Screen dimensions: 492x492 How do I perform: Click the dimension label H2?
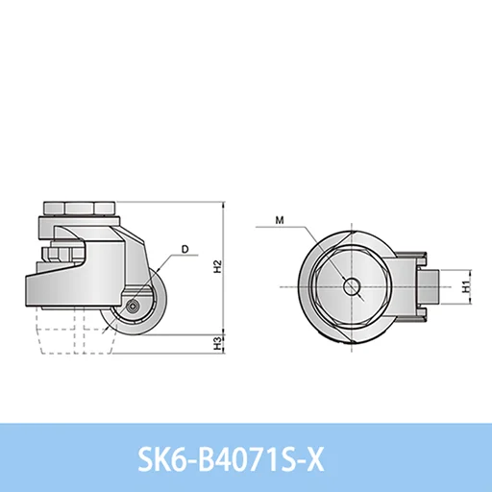(218, 266)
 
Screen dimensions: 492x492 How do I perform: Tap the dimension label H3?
(218, 343)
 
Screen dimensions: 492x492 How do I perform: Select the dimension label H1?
(466, 286)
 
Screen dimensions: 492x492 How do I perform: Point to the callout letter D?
(185, 249)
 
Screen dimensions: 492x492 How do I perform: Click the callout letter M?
(280, 220)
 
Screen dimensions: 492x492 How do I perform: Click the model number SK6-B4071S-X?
(231, 460)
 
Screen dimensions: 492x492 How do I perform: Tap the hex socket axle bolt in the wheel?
(132, 307)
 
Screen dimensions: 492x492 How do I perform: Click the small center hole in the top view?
(352, 286)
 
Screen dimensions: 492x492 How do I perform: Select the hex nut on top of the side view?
(79, 209)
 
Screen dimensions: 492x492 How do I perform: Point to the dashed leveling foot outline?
(76, 331)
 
